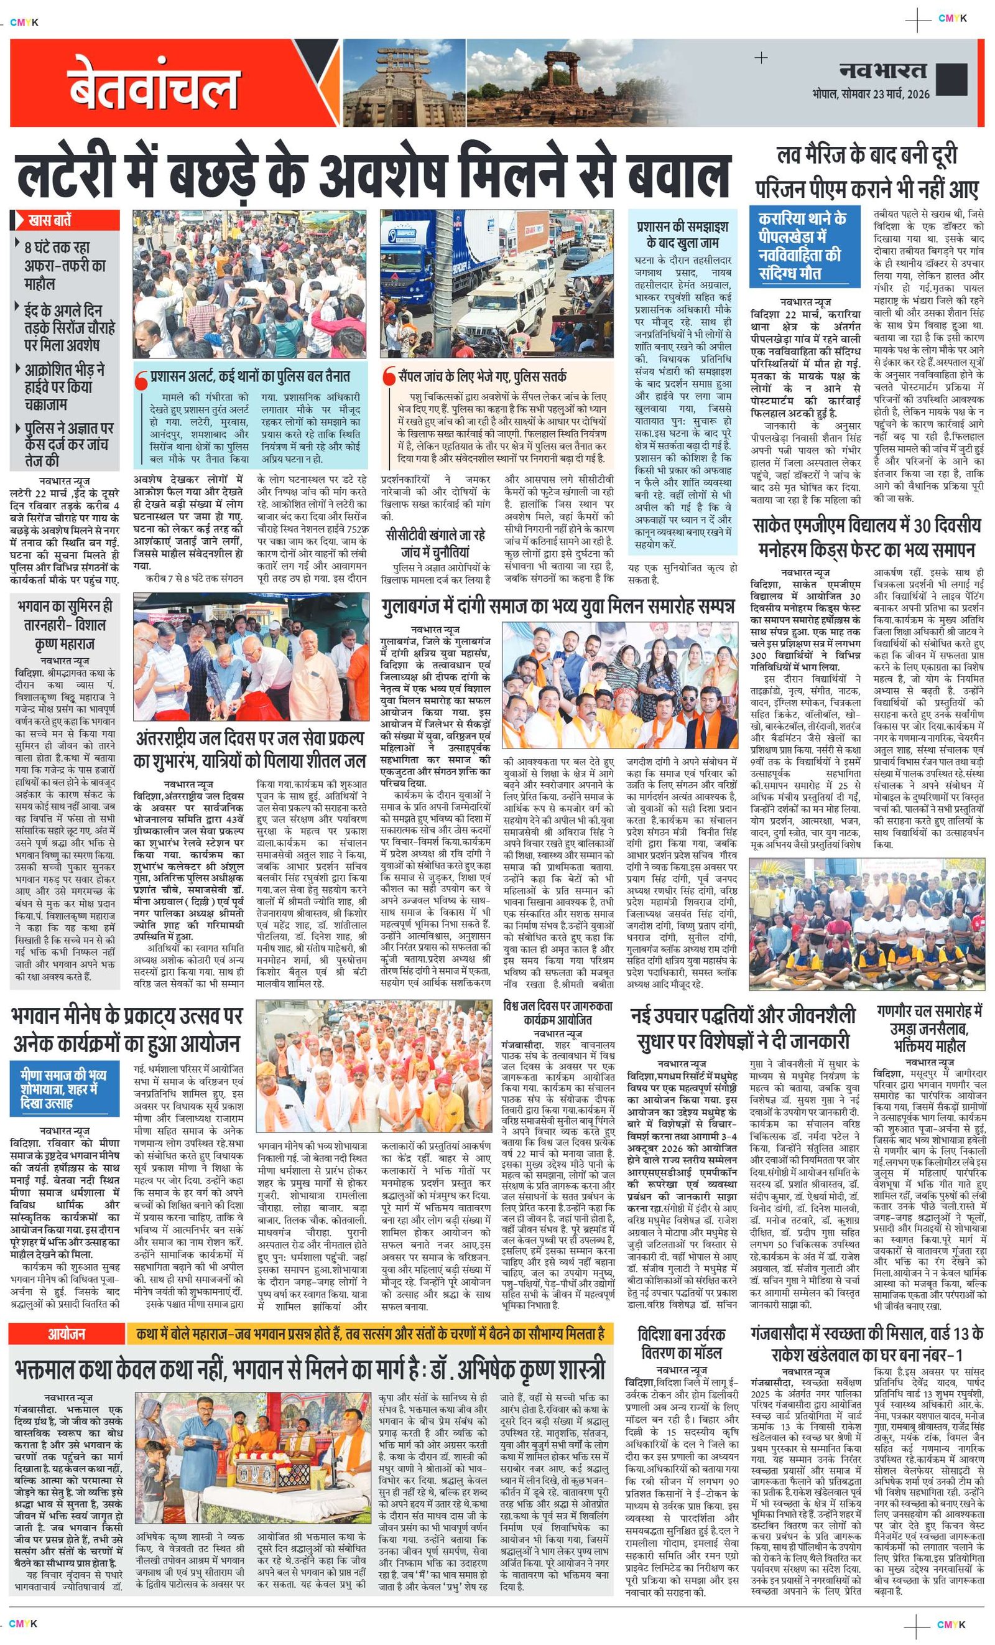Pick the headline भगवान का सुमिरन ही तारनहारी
tap(65, 625)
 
